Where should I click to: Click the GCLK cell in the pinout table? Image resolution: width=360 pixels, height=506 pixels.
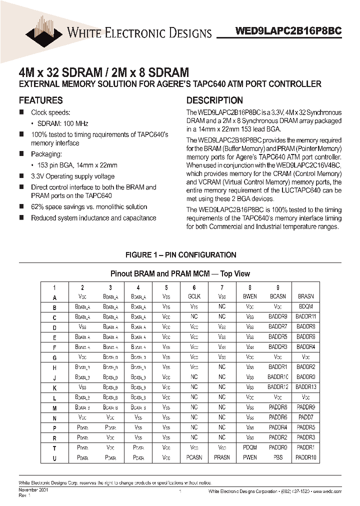click(x=194, y=296)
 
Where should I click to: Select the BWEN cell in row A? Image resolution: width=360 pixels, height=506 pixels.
click(x=249, y=296)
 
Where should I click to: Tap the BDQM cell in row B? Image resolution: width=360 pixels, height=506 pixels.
click(x=305, y=306)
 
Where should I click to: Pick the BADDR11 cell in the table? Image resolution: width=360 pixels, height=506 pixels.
click(x=305, y=316)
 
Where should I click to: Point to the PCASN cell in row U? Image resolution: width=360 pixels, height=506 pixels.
click(x=194, y=457)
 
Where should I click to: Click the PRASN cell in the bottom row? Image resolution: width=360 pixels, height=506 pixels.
click(x=222, y=457)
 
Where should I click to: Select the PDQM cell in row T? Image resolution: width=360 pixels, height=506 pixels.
click(x=249, y=447)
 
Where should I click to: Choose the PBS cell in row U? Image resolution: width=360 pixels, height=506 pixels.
click(x=277, y=457)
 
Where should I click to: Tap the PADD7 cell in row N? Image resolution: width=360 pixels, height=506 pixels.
click(x=305, y=417)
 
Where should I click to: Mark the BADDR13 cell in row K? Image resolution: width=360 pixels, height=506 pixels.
click(x=305, y=387)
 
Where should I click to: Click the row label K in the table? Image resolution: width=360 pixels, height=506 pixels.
click(x=54, y=387)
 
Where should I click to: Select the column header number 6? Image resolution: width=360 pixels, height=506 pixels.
click(x=194, y=287)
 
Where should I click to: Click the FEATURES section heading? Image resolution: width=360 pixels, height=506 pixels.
click(x=40, y=100)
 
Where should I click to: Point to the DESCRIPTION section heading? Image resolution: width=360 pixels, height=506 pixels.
click(x=214, y=100)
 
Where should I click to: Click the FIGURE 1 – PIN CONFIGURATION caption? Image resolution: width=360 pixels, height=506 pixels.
click(x=180, y=255)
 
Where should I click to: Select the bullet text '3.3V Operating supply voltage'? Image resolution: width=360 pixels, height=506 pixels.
click(x=72, y=176)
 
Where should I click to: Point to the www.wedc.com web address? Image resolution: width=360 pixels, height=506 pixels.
click(x=326, y=492)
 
